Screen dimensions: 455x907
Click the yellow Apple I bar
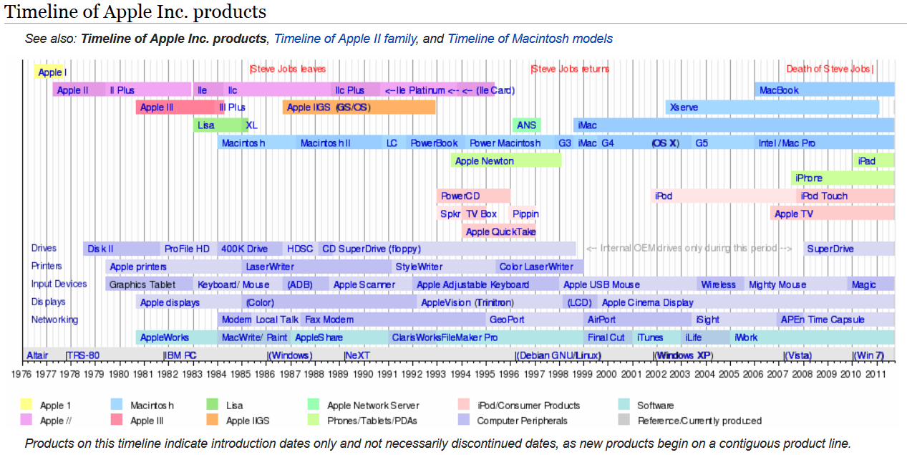(x=50, y=72)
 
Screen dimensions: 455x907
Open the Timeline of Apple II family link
(x=345, y=39)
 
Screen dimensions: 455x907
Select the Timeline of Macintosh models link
(x=530, y=39)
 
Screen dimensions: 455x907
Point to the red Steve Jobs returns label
(x=570, y=69)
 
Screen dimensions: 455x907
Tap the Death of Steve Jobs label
(x=829, y=69)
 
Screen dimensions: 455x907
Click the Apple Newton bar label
(x=484, y=161)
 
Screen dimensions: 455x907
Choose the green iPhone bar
(x=842, y=178)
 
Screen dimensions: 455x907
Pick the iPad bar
(x=873, y=161)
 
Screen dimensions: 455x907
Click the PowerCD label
(x=460, y=196)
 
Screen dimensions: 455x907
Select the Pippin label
(x=525, y=214)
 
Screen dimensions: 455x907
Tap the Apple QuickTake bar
(x=498, y=231)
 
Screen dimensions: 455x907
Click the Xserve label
(x=683, y=107)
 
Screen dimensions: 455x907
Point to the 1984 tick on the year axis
(x=217, y=373)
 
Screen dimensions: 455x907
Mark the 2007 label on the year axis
(x=778, y=373)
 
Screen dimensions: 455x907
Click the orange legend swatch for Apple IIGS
(x=213, y=421)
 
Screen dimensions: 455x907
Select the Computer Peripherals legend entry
(x=522, y=421)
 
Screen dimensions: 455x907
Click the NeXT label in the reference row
(x=357, y=355)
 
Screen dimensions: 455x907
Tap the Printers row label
(x=47, y=266)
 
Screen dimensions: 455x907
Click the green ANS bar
(x=526, y=125)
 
